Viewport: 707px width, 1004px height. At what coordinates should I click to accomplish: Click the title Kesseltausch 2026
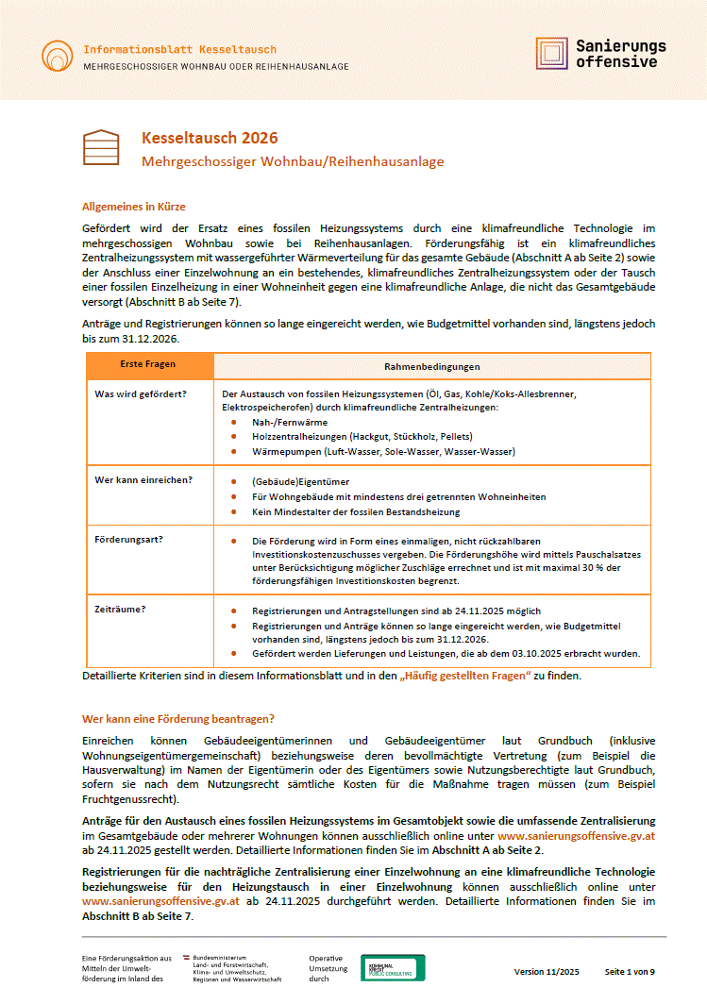(x=210, y=139)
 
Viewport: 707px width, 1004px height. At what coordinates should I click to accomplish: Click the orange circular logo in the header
(x=57, y=55)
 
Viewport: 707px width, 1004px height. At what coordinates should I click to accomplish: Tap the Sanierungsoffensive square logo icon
(x=552, y=54)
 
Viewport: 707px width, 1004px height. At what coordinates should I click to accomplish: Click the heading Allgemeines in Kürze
(x=134, y=206)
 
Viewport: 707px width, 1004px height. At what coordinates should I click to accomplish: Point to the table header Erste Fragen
(x=148, y=365)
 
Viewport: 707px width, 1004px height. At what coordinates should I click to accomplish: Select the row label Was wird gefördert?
(x=141, y=393)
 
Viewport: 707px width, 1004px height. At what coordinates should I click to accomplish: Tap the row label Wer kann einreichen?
(x=143, y=479)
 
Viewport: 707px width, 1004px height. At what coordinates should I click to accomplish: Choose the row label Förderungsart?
(x=129, y=540)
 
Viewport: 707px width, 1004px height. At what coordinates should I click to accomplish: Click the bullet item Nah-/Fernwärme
(x=284, y=423)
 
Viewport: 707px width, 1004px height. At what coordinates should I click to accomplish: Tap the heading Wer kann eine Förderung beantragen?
(x=177, y=718)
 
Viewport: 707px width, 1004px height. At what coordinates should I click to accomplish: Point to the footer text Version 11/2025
(x=547, y=972)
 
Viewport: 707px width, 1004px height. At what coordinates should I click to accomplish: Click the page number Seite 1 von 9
(x=630, y=972)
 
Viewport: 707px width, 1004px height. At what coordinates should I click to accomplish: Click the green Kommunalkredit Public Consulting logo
(x=393, y=967)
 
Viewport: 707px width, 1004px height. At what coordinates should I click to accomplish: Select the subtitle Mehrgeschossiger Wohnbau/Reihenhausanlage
(x=293, y=161)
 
